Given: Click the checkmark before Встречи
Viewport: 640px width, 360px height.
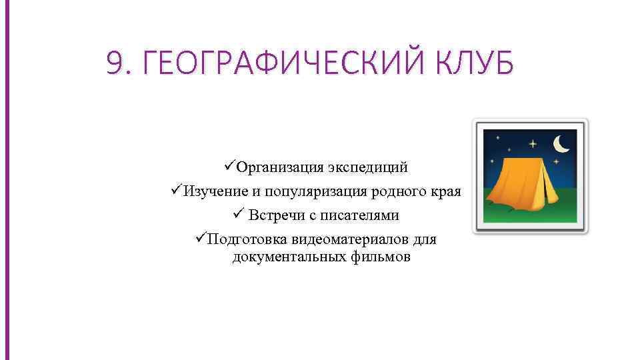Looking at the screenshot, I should (240, 214).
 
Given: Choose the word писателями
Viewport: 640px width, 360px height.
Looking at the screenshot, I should (362, 215).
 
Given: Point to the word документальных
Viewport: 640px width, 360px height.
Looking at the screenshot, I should (289, 257).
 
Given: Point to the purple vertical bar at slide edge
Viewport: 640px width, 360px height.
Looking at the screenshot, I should (8, 180).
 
